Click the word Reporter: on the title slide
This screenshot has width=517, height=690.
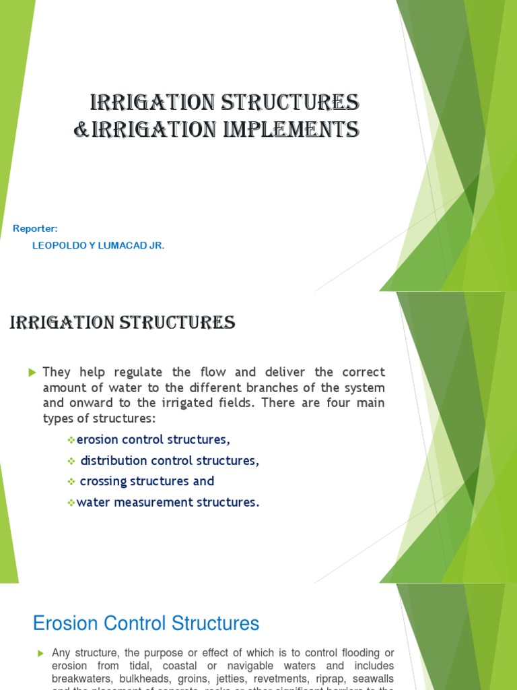pos(36,229)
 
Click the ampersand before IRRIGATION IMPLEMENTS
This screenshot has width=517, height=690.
pos(81,129)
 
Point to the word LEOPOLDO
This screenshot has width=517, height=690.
pos(55,246)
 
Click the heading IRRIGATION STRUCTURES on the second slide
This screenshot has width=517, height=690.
pos(123,323)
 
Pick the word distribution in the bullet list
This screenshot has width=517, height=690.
pos(114,461)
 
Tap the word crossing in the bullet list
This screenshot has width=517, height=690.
pos(103,481)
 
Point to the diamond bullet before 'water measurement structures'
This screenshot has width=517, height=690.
pos(71,503)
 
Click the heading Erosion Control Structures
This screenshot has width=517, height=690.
pos(146,623)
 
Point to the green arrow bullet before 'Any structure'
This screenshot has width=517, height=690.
pos(40,653)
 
